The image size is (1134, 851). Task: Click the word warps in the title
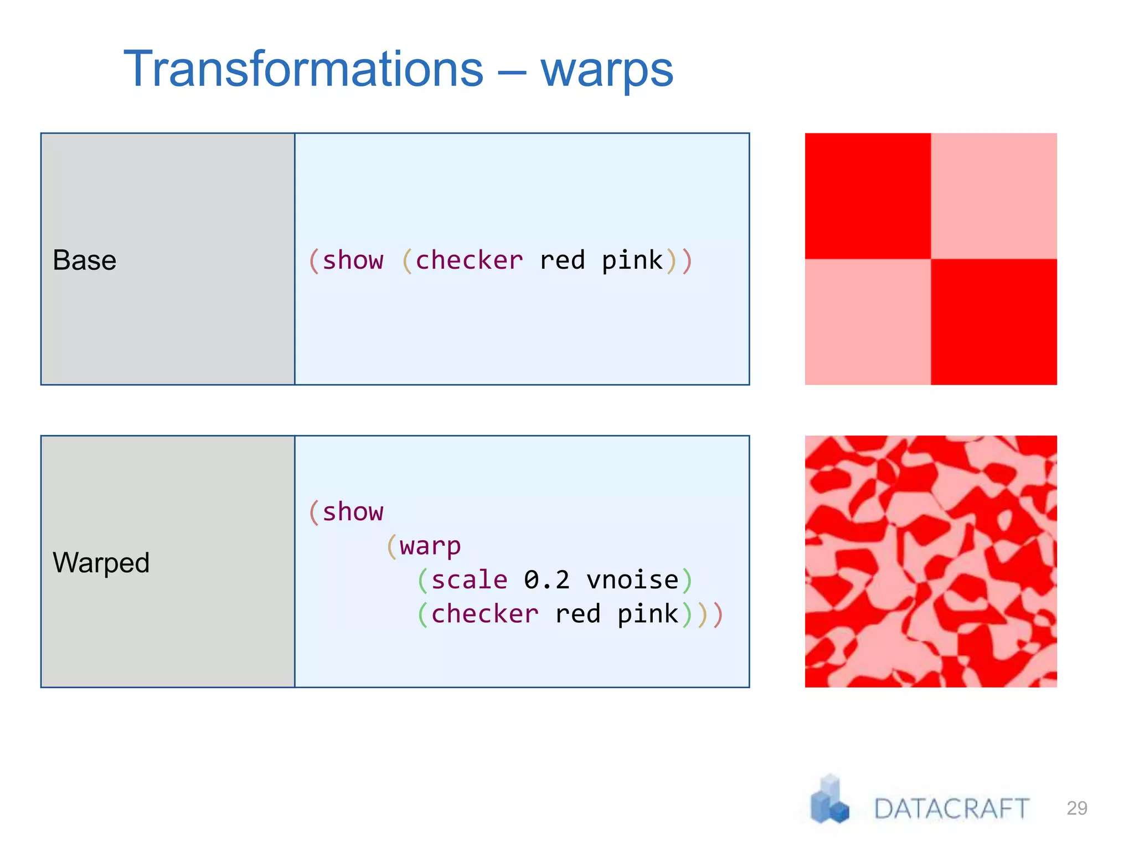(x=607, y=71)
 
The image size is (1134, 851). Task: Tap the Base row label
(x=85, y=260)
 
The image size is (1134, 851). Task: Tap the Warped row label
(x=101, y=562)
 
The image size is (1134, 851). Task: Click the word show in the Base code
(x=353, y=260)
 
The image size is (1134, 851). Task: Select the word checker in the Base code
(x=469, y=260)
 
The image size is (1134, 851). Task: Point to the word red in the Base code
(x=562, y=260)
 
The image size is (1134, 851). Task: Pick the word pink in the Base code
(x=632, y=261)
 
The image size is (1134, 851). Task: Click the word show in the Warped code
(x=353, y=511)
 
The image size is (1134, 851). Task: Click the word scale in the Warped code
(x=469, y=580)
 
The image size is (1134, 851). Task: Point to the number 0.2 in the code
(x=547, y=580)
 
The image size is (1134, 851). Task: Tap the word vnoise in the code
(x=632, y=580)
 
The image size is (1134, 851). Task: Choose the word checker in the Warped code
(x=484, y=614)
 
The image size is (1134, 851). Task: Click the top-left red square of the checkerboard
(x=868, y=196)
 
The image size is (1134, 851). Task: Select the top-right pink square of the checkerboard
(x=994, y=196)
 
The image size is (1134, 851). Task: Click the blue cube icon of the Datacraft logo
(x=829, y=799)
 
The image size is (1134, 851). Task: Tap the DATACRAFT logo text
(x=951, y=808)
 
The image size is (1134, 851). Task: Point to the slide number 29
(x=1077, y=808)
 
